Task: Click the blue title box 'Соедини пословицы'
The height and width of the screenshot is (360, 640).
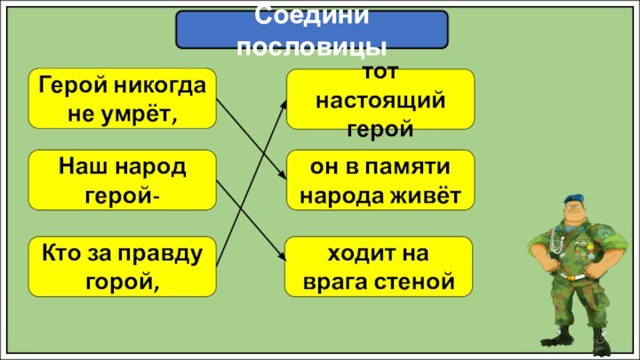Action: pos(311,29)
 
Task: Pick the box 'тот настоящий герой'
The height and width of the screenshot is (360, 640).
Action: pos(380,99)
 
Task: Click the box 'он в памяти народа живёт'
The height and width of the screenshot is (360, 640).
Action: pos(380,180)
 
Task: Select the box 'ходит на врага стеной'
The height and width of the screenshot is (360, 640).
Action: pos(380,267)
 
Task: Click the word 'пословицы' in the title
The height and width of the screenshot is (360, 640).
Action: pos(311,46)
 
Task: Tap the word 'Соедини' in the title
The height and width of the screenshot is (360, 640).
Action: pos(311,15)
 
